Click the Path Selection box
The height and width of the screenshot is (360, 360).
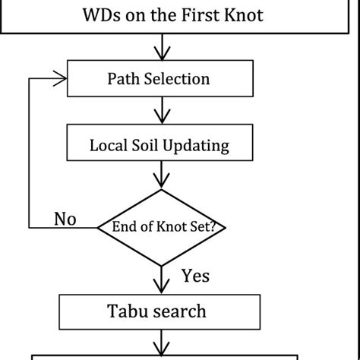click(x=160, y=79)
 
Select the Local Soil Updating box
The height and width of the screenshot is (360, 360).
click(x=160, y=144)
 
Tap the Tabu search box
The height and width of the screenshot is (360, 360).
click(x=160, y=311)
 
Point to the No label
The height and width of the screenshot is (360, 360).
click(x=66, y=219)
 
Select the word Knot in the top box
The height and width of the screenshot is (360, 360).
click(x=243, y=14)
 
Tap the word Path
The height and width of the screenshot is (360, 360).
click(x=123, y=79)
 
